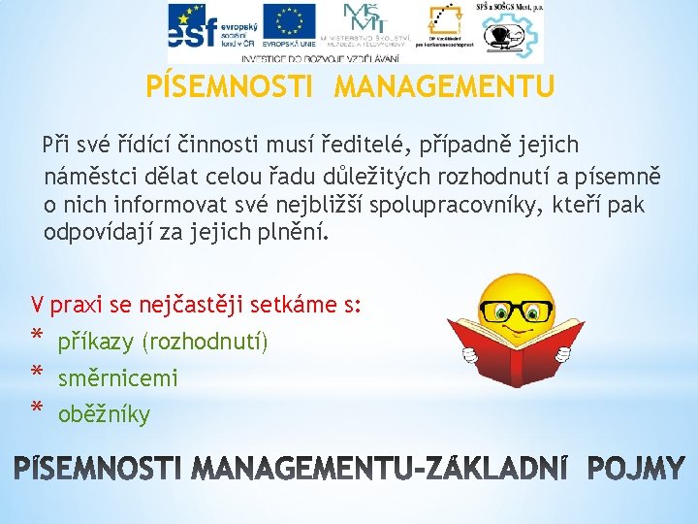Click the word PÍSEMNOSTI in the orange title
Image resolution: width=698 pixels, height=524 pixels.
coord(229,88)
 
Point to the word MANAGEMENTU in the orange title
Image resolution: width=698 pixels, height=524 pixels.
coord(444,88)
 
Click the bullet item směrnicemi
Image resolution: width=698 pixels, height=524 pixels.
coord(117,378)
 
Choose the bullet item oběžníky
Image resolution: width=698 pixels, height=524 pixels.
coord(104,415)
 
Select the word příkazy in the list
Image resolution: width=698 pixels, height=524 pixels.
coord(96,343)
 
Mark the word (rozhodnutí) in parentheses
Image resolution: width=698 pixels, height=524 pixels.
coord(206,343)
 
